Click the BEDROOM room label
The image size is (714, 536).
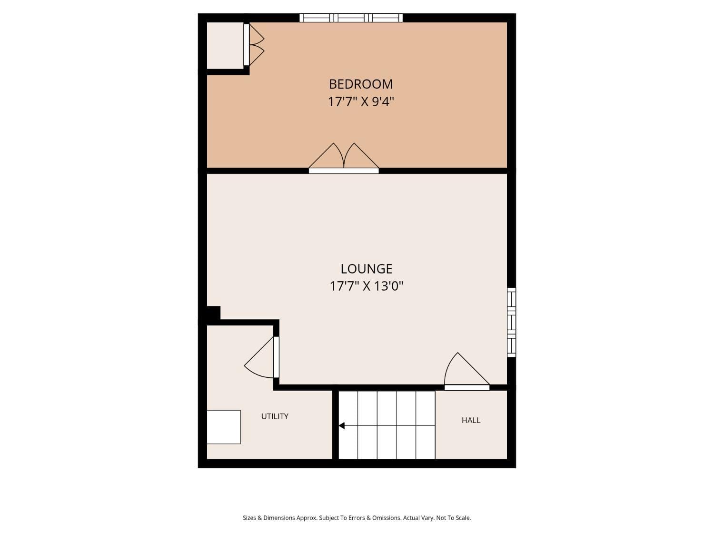[361, 84]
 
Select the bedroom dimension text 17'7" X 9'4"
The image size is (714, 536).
[361, 101]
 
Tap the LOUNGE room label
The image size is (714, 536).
[367, 269]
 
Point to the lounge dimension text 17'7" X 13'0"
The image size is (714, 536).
[367, 286]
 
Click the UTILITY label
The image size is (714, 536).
[275, 416]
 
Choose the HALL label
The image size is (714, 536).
[471, 420]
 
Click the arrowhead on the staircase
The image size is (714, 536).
[341, 425]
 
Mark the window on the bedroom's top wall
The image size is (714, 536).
[351, 18]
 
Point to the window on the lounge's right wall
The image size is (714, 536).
[511, 322]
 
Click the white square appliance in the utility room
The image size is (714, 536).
[224, 427]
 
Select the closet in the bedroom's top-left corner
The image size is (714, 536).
[225, 45]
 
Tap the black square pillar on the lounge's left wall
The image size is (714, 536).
[213, 314]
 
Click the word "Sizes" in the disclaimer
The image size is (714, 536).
[249, 518]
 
